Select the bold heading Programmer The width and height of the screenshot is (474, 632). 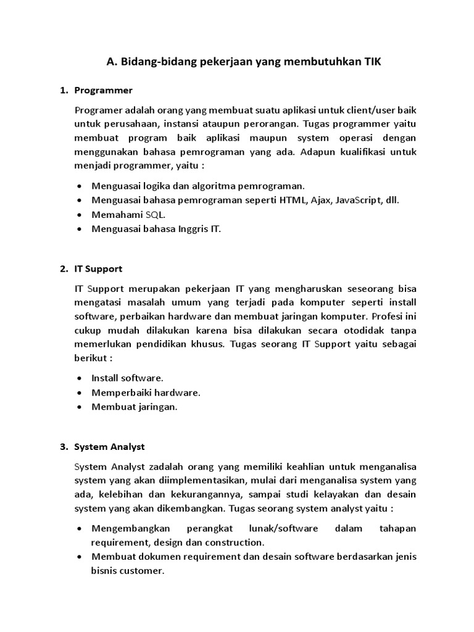[103, 90]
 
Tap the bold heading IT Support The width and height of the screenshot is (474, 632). [98, 268]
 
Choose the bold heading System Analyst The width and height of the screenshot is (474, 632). [109, 446]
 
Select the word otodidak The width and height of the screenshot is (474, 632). [368, 330]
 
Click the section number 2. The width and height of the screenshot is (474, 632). [64, 268]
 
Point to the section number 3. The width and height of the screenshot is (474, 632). [64, 446]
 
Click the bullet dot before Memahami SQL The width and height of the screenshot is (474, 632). [81, 215]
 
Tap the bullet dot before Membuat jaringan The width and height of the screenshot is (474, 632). [81, 407]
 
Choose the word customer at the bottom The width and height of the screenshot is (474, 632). [143, 571]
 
